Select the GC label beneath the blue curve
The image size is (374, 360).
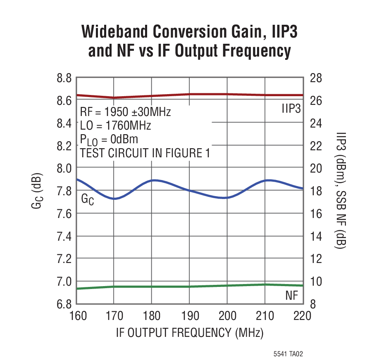click(87, 199)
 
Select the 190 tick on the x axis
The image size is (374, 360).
click(190, 316)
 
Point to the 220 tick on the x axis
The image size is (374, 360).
click(302, 316)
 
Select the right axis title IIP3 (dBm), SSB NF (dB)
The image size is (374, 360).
click(342, 191)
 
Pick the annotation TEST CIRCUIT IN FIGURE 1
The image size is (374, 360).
click(145, 153)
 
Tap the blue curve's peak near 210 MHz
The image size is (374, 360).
click(269, 180)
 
